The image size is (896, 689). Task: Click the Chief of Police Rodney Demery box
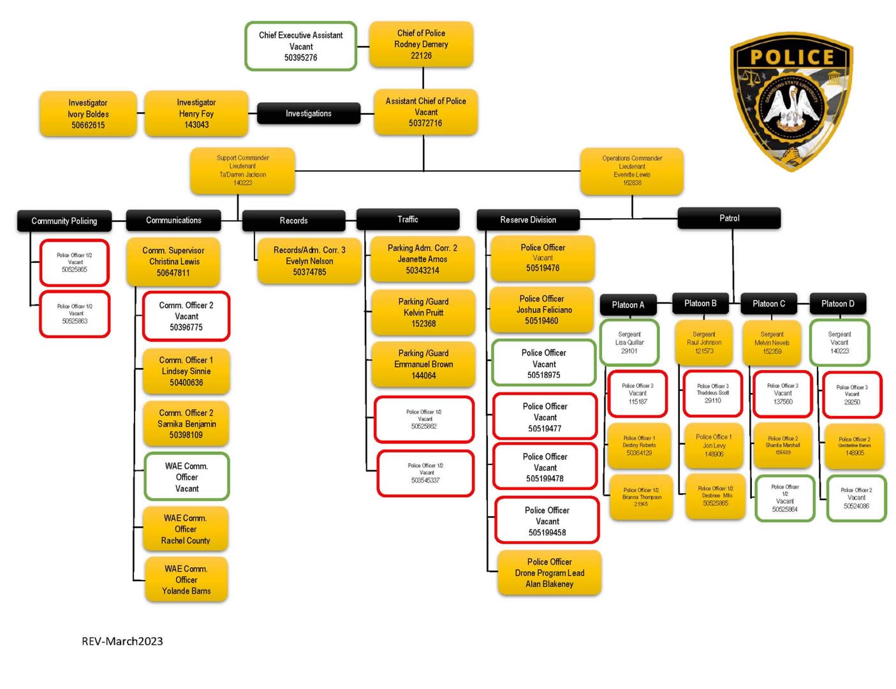[421, 45]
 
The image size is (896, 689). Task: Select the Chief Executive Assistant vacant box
[300, 46]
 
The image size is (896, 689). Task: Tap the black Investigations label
[308, 114]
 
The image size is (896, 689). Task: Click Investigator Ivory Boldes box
[88, 114]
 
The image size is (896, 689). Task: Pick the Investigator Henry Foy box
[196, 114]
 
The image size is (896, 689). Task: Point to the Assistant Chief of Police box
[425, 112]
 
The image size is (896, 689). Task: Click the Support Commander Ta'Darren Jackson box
[242, 170]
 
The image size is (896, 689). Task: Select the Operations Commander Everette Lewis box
[631, 171]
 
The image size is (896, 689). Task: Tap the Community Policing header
[64, 221]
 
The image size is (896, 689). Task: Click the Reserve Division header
[528, 219]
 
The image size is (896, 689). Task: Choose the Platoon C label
[768, 304]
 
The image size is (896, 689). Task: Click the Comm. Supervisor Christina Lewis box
[173, 262]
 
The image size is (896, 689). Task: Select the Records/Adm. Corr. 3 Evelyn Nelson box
[309, 261]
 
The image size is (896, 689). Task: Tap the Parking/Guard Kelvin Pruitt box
[423, 313]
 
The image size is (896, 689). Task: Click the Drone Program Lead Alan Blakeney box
[549, 573]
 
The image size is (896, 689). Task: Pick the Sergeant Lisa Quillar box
[629, 343]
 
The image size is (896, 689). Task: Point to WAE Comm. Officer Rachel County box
[186, 529]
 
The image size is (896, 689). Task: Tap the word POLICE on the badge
[791, 57]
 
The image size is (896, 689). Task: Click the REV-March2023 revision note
[122, 641]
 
